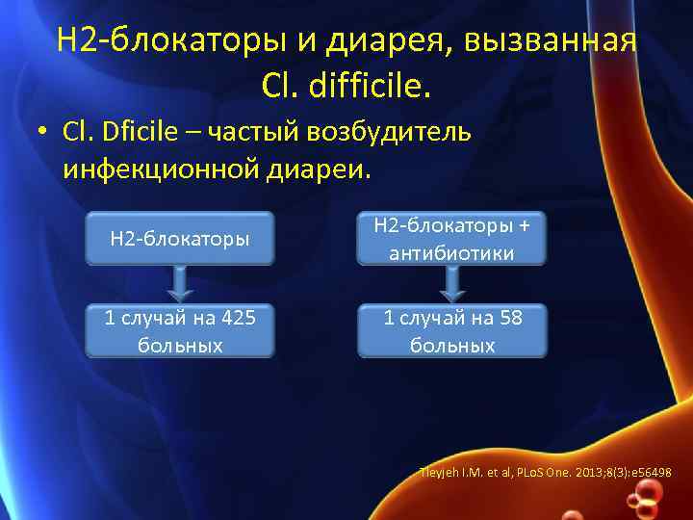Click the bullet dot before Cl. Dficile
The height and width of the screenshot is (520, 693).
coord(44,135)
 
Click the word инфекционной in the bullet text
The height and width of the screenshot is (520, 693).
coord(157,170)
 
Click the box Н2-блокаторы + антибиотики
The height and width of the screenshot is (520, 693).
coord(451,238)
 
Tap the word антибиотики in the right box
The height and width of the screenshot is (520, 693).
coord(451,253)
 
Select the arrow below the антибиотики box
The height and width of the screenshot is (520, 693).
coord(451,284)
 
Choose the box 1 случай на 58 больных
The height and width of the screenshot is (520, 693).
coord(451,330)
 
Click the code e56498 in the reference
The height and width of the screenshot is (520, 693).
coord(651,474)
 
